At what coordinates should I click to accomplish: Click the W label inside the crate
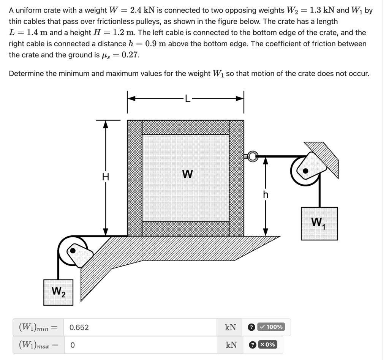(187, 174)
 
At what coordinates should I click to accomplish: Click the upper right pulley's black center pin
(305, 171)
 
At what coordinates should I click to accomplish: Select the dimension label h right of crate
(266, 195)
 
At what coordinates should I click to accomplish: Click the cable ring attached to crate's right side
(252, 155)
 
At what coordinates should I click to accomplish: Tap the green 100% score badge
(270, 327)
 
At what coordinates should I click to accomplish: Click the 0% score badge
(267, 344)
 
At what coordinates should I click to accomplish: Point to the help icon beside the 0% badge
(251, 345)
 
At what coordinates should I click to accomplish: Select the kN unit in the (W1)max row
(231, 345)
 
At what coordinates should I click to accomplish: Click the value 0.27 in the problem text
(130, 55)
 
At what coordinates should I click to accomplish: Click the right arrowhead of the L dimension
(240, 99)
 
